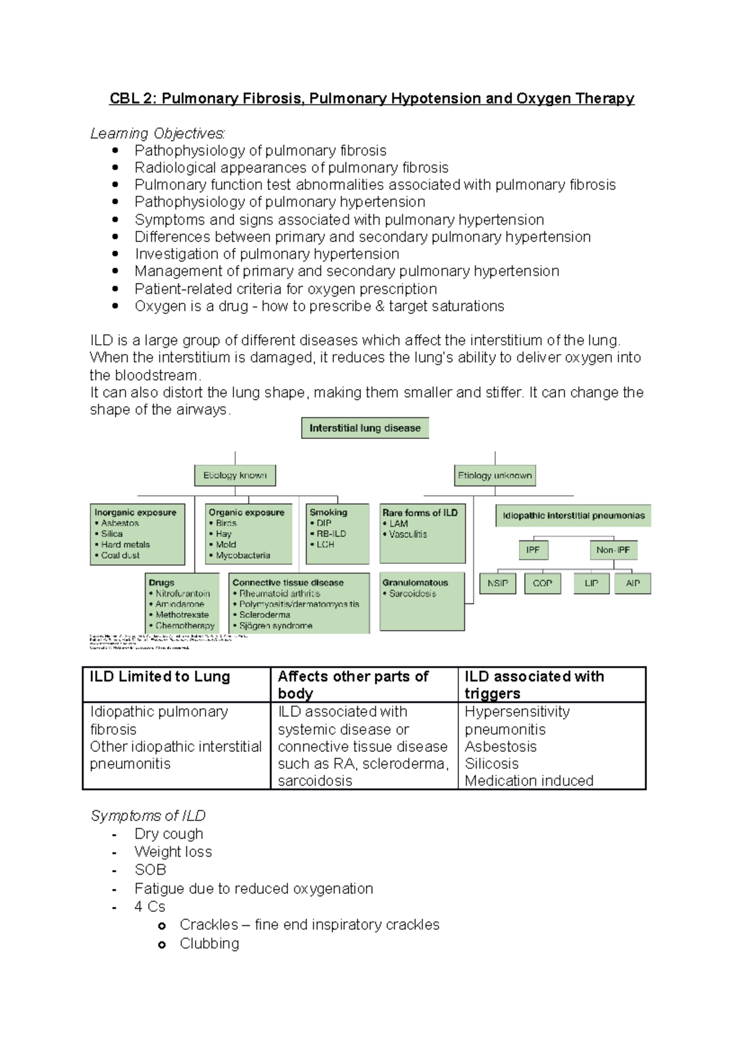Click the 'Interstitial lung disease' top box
365,428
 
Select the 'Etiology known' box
235,475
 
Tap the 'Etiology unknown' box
495,475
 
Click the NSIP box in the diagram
498,583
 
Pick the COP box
542,583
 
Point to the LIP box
591,583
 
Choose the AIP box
633,583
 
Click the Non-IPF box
613,550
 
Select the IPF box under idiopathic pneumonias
532,550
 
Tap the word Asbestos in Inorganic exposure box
120,523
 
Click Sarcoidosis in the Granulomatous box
412,594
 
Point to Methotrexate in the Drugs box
182,615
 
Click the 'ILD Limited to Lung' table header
160,677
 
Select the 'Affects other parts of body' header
353,685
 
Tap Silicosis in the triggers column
492,764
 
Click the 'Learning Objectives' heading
157,133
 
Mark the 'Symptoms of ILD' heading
148,816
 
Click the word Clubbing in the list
209,943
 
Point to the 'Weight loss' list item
173,852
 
